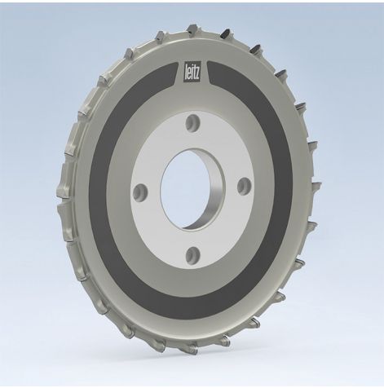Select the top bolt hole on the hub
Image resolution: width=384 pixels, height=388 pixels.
pos(192,122)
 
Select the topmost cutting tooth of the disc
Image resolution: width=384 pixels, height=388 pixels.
pos(192,30)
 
